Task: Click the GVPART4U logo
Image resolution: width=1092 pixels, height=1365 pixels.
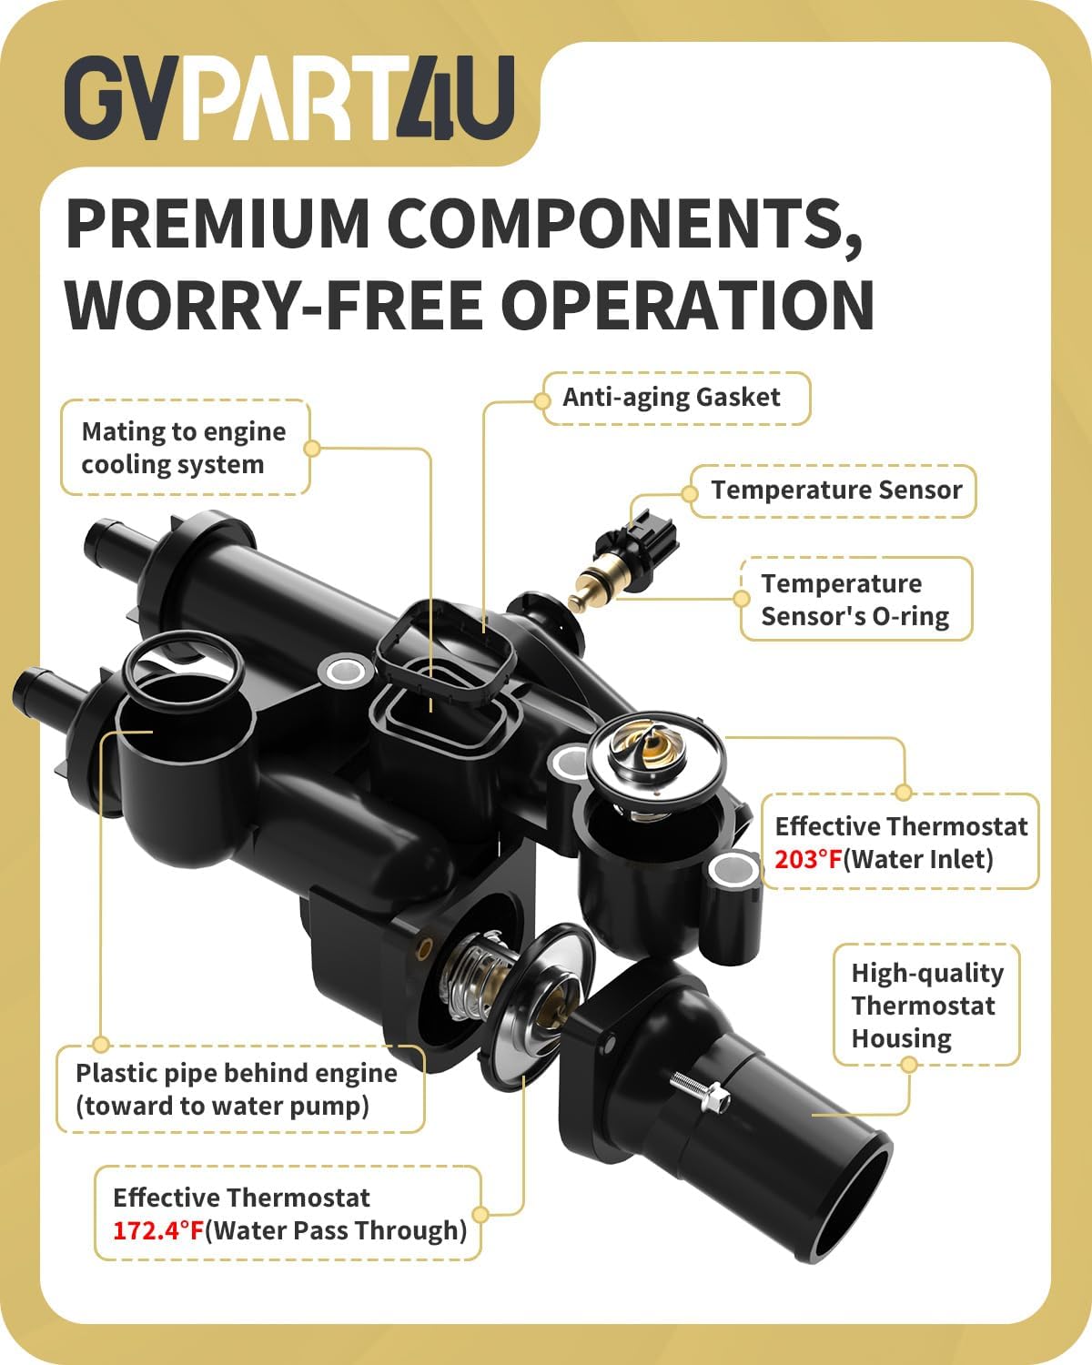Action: click(x=289, y=97)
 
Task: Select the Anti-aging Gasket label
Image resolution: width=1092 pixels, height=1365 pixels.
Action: click(x=672, y=398)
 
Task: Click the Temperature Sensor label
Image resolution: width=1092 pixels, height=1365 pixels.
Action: click(x=836, y=490)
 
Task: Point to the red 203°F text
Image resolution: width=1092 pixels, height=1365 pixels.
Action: click(x=808, y=859)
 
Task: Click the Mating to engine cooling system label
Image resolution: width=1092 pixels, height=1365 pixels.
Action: click(x=184, y=448)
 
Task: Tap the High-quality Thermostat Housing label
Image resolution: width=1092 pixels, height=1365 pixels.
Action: click(x=927, y=1006)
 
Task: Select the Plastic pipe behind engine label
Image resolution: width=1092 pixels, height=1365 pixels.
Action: click(x=236, y=1089)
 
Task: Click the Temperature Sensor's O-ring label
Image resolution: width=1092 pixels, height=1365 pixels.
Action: click(x=854, y=600)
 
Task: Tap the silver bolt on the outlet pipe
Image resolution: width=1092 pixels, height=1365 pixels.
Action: click(x=700, y=1092)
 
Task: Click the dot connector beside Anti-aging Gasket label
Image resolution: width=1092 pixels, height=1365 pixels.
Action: click(x=541, y=401)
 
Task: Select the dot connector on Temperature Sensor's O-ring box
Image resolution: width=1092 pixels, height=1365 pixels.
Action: click(x=741, y=599)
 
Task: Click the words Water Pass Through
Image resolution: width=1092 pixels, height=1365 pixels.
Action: click(x=336, y=1230)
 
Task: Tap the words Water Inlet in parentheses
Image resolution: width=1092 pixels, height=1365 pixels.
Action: click(x=918, y=859)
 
